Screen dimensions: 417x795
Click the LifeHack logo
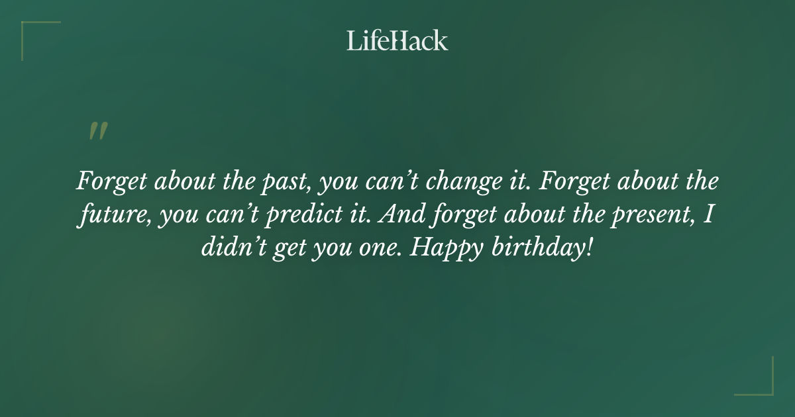point(397,40)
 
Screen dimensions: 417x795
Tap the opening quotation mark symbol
point(98,131)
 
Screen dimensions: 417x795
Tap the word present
point(655,216)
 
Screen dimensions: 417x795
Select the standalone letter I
point(711,216)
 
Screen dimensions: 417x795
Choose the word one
point(377,250)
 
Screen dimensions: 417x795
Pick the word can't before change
point(395,182)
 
